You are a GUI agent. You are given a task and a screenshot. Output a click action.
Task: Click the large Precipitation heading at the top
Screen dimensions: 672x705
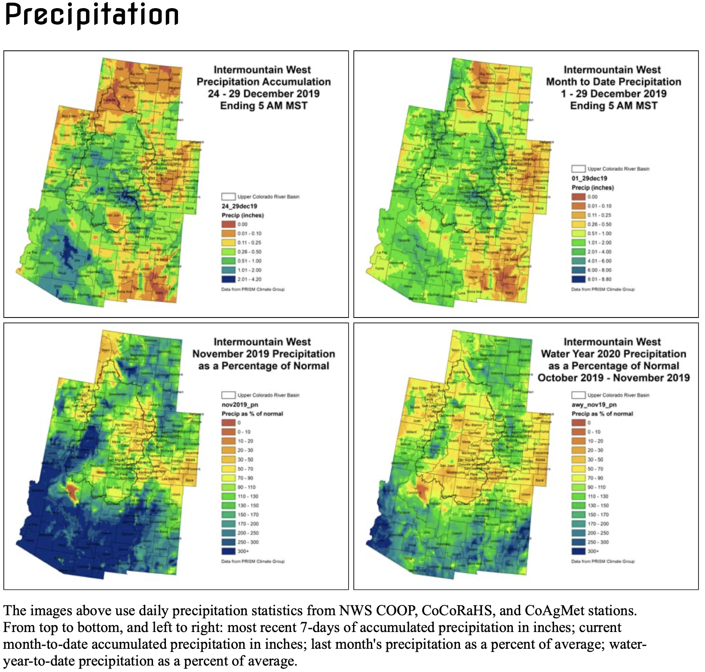92,15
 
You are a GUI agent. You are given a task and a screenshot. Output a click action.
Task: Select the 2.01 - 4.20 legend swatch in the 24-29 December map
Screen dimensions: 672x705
229,279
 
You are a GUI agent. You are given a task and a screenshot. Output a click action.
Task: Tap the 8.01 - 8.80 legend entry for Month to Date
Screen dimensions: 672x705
579,279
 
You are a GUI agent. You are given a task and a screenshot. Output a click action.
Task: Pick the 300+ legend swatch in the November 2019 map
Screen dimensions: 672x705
229,551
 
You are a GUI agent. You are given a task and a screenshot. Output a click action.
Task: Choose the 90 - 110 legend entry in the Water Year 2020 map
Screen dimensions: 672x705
579,487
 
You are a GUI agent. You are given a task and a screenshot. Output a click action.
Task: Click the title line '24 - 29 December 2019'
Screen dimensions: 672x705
264,94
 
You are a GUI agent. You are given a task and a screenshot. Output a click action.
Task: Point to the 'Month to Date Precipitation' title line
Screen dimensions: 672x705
613,82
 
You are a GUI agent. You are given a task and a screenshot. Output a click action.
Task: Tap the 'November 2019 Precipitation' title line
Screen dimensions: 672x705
264,354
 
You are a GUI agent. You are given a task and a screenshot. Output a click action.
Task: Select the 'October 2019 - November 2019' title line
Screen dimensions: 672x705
613,378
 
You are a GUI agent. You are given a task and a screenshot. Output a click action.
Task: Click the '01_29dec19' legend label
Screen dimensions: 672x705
589,178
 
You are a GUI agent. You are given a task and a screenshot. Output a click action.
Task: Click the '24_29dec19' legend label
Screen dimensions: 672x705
239,206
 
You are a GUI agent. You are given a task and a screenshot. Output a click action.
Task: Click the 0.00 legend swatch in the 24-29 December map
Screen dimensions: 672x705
229,224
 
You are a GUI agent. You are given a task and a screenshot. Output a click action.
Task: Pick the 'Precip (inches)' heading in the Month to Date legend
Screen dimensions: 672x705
592,188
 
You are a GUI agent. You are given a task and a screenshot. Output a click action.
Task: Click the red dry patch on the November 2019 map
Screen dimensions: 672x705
71,491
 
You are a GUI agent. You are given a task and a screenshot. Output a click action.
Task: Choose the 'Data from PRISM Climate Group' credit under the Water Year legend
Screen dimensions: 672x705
602,561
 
